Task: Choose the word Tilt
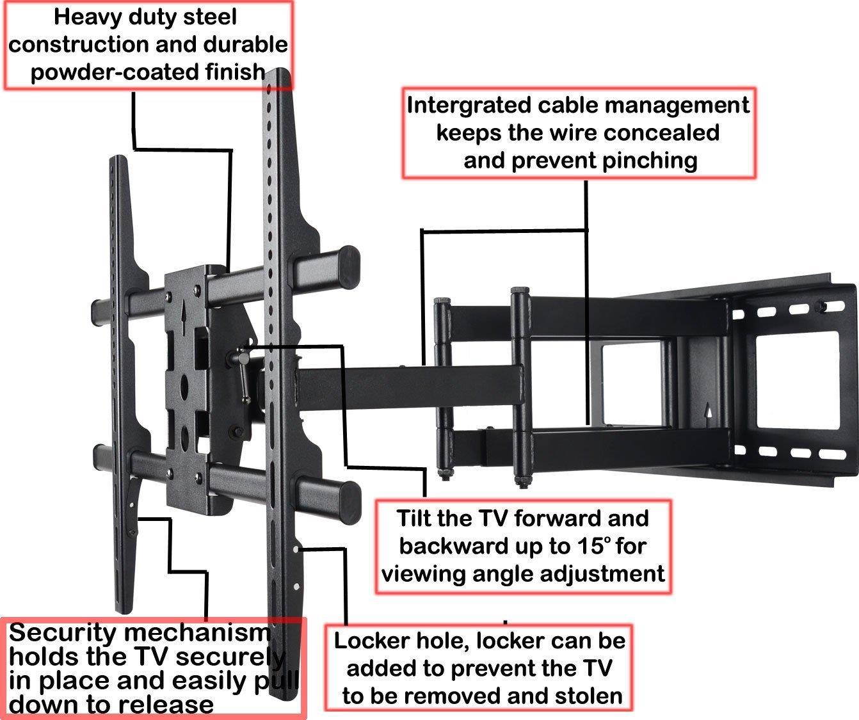point(416,518)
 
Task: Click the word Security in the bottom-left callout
point(63,633)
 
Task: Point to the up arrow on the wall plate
point(707,412)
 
